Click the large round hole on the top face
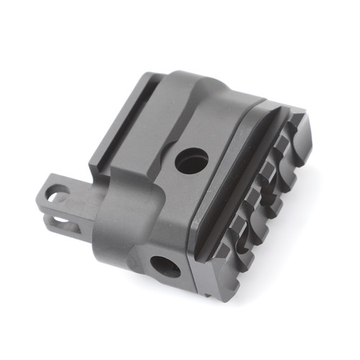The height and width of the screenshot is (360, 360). pos(191,160)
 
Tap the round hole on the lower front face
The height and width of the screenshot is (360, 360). pos(166,267)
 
